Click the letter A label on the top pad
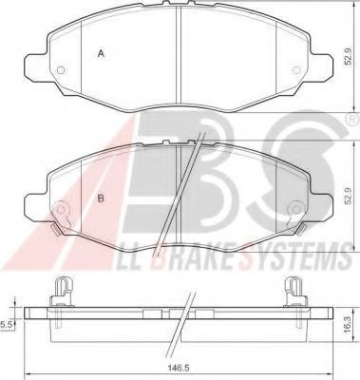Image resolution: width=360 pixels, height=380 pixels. click(101, 54)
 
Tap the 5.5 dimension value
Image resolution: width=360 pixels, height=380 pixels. click(7, 324)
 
